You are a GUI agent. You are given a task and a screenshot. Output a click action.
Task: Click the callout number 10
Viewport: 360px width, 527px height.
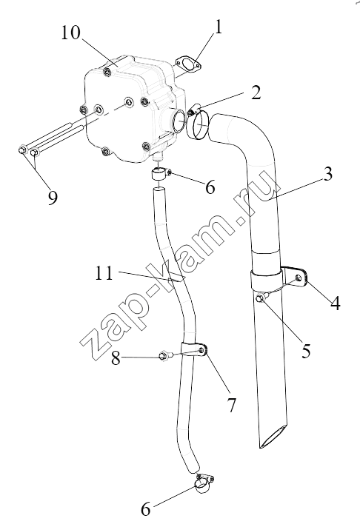click(x=70, y=33)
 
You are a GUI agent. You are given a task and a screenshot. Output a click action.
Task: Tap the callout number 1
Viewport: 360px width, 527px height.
click(x=219, y=27)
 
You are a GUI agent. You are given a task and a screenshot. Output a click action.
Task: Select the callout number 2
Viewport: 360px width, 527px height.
click(x=256, y=93)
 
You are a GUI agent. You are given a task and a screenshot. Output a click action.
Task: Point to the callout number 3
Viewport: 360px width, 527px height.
click(x=326, y=174)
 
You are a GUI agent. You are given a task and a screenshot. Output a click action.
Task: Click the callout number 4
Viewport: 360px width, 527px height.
click(x=335, y=303)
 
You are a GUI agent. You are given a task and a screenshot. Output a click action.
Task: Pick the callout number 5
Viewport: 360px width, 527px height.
click(x=305, y=352)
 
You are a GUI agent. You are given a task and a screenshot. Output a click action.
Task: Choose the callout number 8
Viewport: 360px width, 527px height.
click(x=116, y=358)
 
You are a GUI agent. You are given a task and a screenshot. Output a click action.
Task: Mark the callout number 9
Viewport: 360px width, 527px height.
click(x=53, y=198)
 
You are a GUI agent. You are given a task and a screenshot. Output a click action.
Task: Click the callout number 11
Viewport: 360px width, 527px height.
click(x=103, y=273)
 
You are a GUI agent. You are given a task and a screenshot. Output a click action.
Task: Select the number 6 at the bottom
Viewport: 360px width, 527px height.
click(x=145, y=510)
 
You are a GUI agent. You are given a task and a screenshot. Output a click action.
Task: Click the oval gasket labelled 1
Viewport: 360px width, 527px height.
click(x=188, y=64)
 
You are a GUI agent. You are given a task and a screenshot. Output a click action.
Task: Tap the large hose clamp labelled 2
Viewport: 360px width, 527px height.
click(x=197, y=123)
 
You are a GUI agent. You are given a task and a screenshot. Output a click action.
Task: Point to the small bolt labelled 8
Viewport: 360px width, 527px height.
click(x=165, y=355)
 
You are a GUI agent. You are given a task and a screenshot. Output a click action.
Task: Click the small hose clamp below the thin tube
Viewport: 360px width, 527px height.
click(x=204, y=484)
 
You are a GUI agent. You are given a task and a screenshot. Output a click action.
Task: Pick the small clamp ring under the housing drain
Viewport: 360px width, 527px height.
click(x=160, y=175)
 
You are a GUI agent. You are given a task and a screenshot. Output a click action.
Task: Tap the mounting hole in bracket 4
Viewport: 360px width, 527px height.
click(x=298, y=278)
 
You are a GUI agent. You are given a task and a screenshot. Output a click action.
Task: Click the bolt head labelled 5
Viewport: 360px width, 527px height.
click(x=261, y=298)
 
